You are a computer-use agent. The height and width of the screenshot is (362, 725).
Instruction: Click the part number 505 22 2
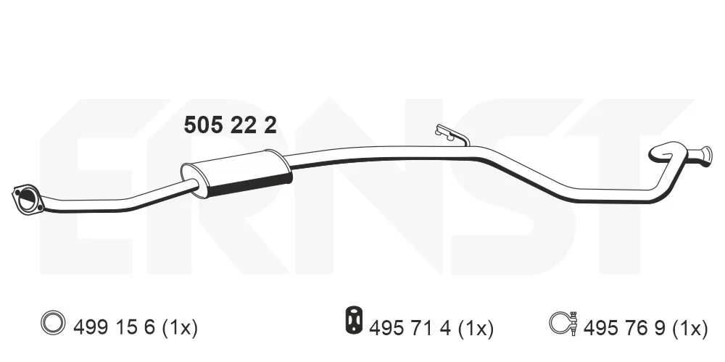[x=231, y=125]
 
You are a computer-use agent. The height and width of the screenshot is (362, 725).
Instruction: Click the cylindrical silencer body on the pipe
[x=236, y=173]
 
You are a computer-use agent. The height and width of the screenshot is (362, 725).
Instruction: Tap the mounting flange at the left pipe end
[x=28, y=198]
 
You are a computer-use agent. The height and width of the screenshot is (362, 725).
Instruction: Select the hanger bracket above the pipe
[x=451, y=135]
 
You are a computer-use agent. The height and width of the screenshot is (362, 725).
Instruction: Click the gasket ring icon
[x=51, y=322]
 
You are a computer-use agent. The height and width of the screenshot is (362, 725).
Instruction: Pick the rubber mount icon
[x=354, y=319]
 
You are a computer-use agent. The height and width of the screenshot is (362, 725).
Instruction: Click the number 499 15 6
[x=115, y=328]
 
